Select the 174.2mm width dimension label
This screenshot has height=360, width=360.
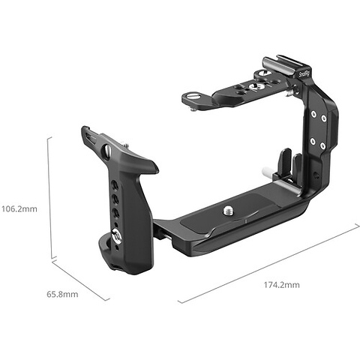281,285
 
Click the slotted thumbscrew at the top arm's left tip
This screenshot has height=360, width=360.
193,96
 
